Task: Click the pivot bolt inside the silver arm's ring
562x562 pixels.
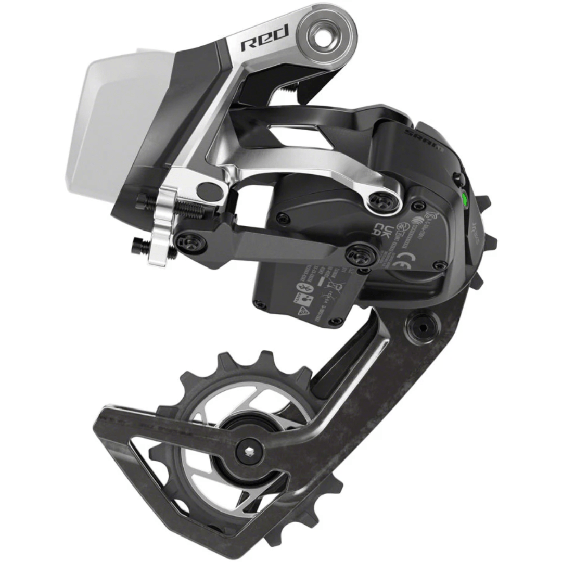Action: click(385, 200)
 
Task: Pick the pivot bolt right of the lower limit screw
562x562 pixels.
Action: click(186, 240)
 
